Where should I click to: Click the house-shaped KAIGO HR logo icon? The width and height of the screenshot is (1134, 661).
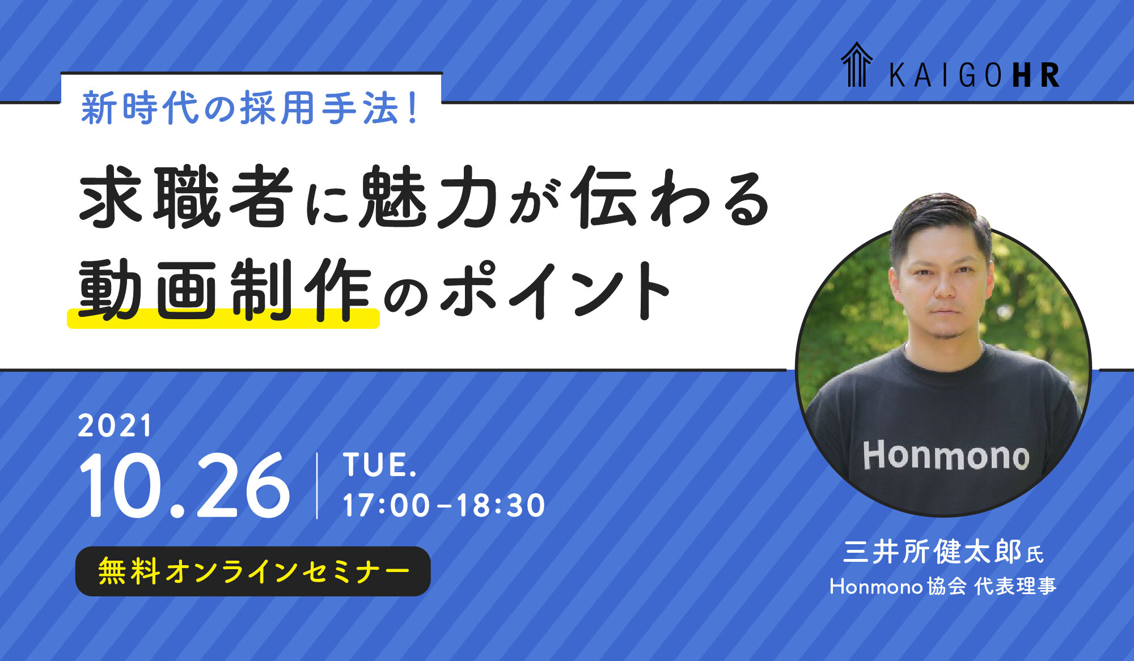pyautogui.click(x=856, y=65)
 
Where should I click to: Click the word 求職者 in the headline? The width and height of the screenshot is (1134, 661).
pyautogui.click(x=187, y=197)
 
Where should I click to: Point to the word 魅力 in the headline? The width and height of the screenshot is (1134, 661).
pyautogui.click(x=428, y=197)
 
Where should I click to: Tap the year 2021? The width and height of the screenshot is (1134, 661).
pyautogui.click(x=115, y=426)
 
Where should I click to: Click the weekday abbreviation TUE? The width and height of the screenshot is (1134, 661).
pyautogui.click(x=380, y=465)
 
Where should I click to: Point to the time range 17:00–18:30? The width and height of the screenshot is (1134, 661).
pyautogui.click(x=444, y=505)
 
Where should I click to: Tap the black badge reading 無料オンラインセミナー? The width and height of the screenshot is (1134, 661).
pyautogui.click(x=253, y=571)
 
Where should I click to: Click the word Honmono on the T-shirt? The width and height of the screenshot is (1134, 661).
pyautogui.click(x=946, y=456)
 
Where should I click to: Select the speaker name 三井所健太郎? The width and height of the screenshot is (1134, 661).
pyautogui.click(x=932, y=552)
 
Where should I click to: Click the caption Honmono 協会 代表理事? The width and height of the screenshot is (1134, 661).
pyautogui.click(x=943, y=586)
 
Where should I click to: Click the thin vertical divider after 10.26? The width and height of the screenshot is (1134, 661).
pyautogui.click(x=317, y=486)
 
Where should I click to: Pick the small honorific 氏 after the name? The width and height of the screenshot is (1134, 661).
pyautogui.click(x=1035, y=554)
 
